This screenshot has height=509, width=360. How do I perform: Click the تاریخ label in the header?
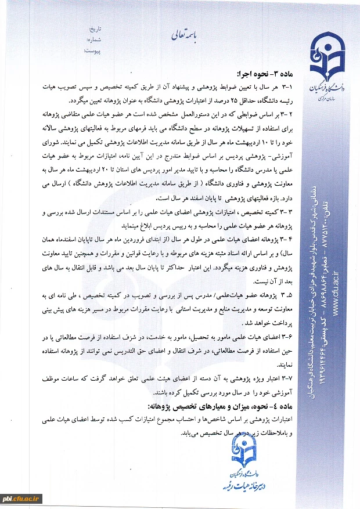point(94,28)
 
